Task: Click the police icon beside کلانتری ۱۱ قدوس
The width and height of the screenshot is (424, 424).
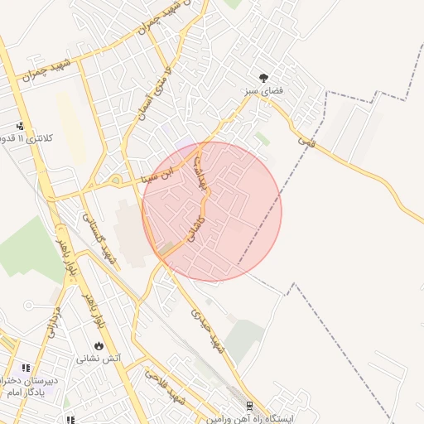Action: (20, 126)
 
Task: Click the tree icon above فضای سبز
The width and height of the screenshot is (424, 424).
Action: (263, 76)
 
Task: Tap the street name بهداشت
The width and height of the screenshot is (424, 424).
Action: (199, 171)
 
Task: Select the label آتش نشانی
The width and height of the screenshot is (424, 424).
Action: (99, 358)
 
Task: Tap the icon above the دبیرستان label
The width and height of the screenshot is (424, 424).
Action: (25, 367)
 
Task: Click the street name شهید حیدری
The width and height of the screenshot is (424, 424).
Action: (208, 330)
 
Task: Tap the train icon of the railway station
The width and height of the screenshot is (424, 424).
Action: (249, 406)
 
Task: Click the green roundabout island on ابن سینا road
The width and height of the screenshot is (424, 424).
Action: (114, 180)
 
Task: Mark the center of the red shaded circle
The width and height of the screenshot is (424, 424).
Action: (212, 211)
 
